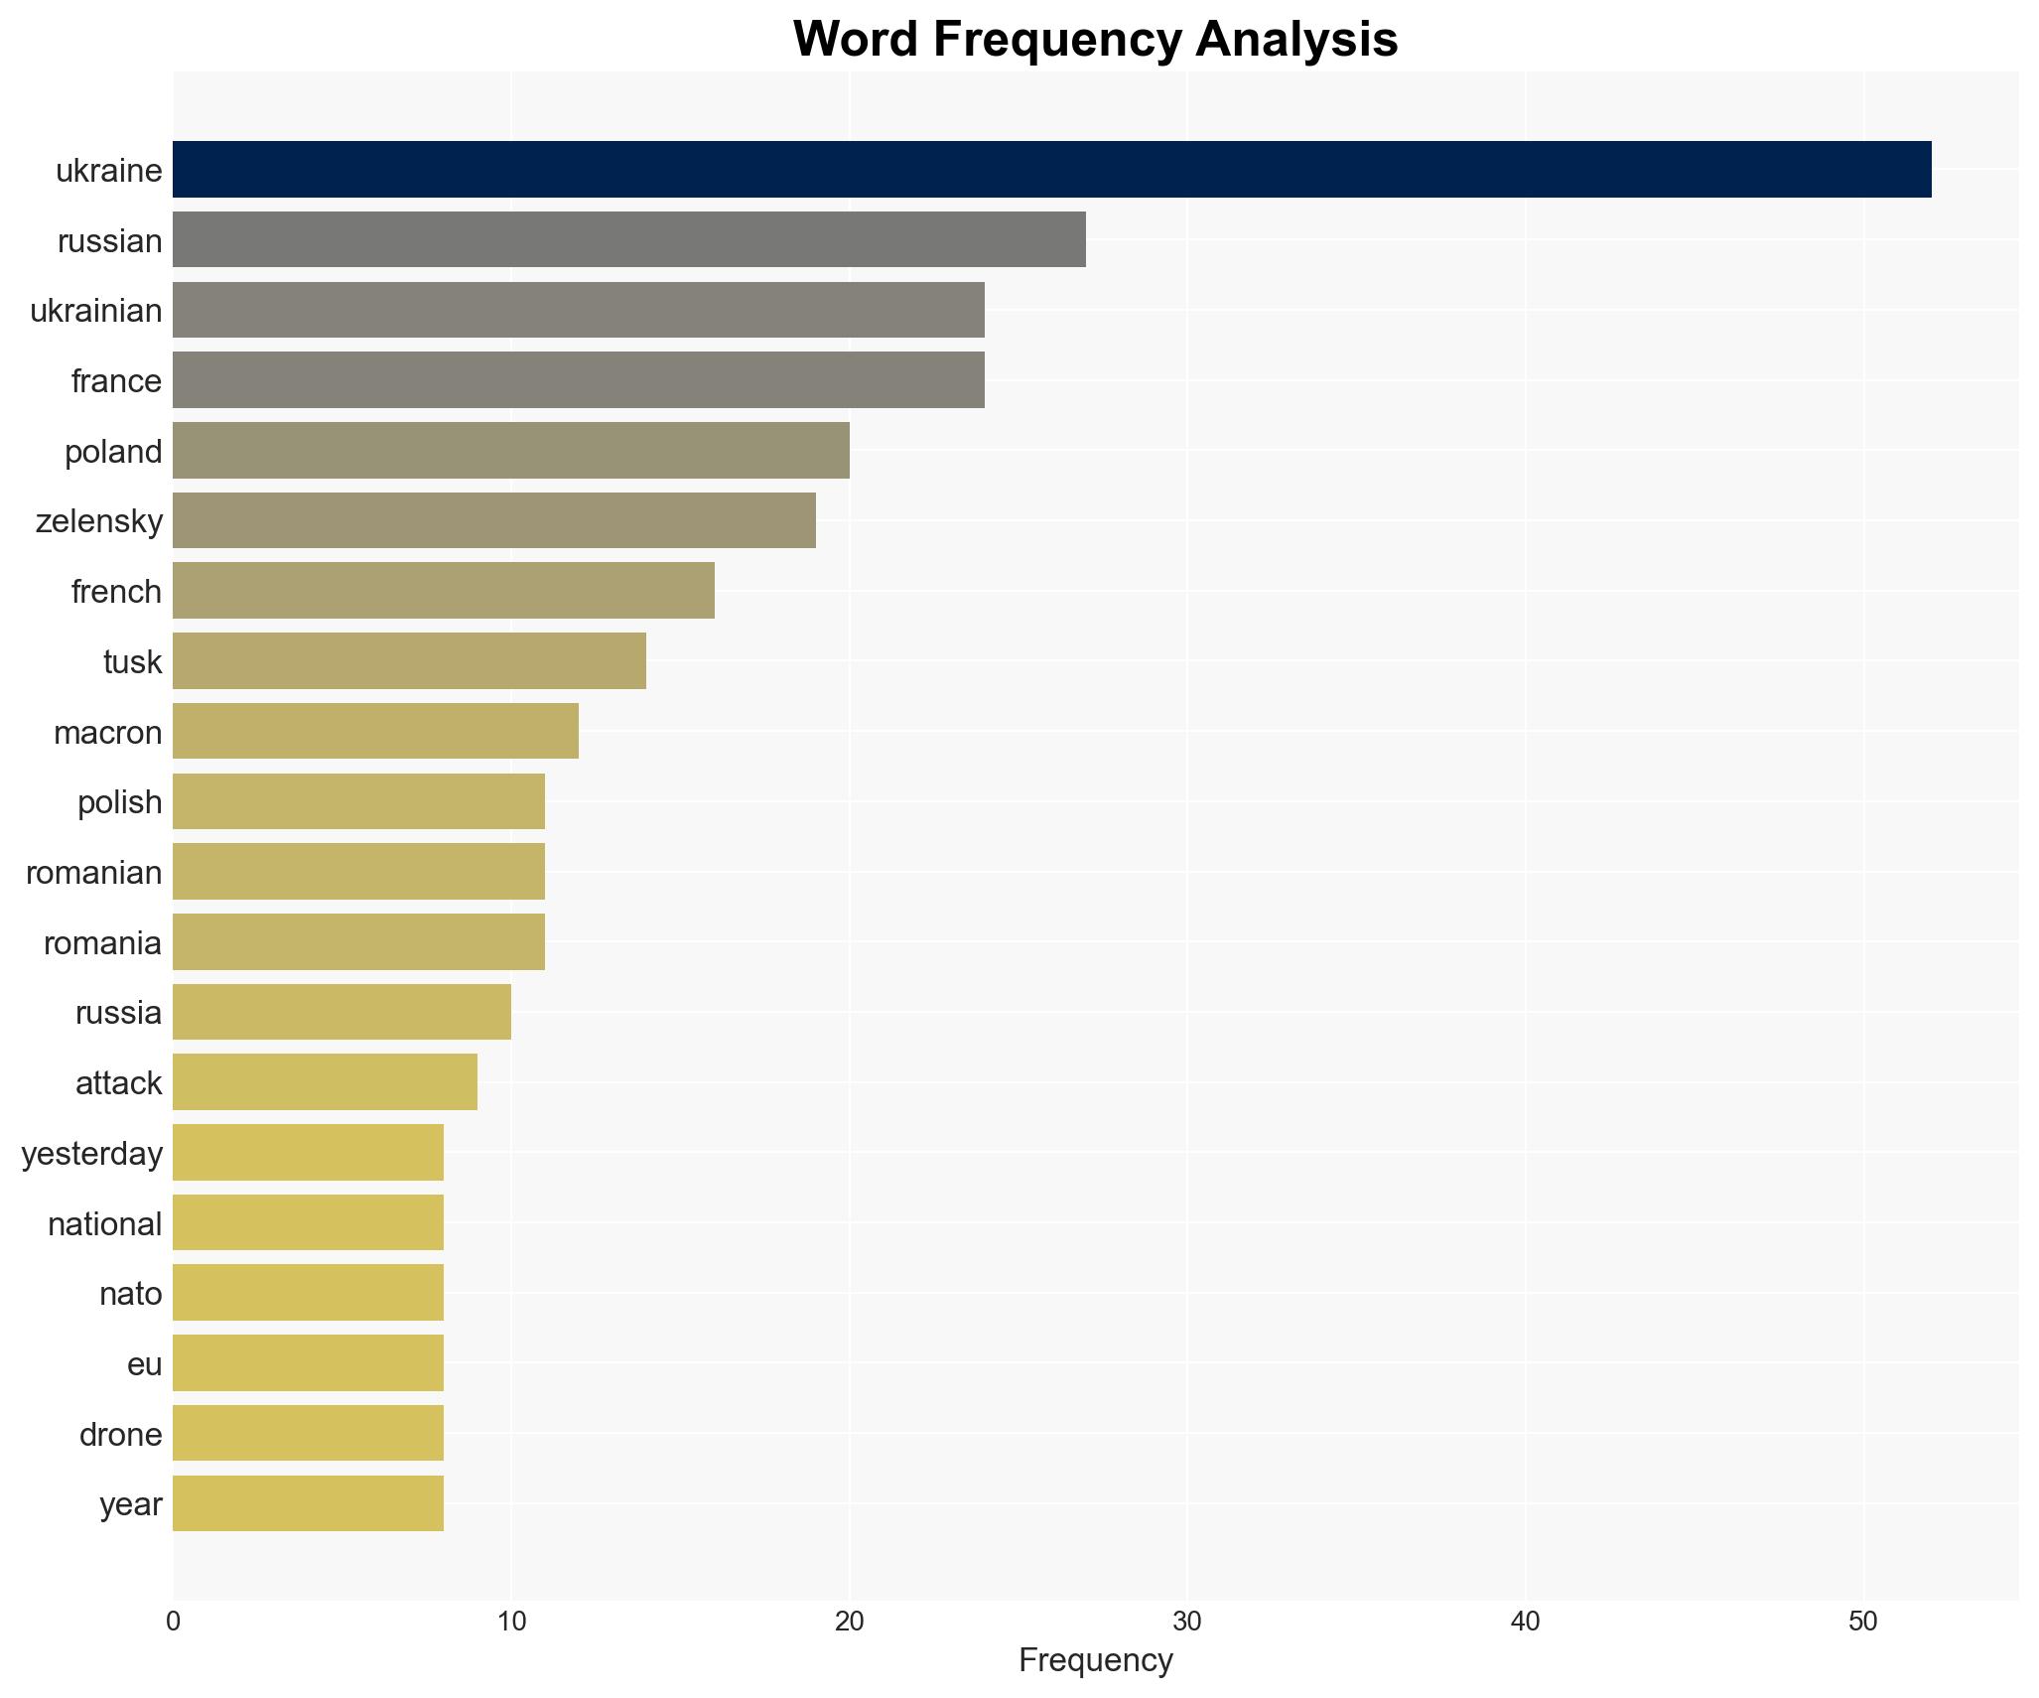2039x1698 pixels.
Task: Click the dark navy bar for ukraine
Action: tap(1052, 170)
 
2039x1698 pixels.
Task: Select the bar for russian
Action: tap(629, 240)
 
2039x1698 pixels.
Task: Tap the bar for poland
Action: tap(511, 451)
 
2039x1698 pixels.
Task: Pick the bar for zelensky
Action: tap(494, 520)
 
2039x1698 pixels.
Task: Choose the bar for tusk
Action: tap(409, 661)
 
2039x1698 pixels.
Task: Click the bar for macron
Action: tap(375, 732)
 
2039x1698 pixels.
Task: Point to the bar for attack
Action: tap(325, 1082)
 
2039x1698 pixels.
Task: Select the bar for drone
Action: tap(308, 1434)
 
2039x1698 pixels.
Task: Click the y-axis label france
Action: tap(116, 381)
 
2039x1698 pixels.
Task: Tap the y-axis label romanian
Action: tap(94, 873)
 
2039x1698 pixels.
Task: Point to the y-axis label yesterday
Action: tap(92, 1154)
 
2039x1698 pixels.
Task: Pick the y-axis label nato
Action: tap(130, 1294)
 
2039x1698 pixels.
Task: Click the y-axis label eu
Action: tap(144, 1364)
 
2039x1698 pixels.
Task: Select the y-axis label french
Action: tap(116, 592)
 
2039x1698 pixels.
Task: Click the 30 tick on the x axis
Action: tap(1187, 1622)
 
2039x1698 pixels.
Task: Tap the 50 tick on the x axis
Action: tap(1863, 1622)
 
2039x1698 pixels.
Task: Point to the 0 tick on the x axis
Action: tap(174, 1622)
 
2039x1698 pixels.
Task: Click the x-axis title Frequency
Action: tap(1095, 1660)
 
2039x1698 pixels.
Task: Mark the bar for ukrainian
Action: tap(579, 310)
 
